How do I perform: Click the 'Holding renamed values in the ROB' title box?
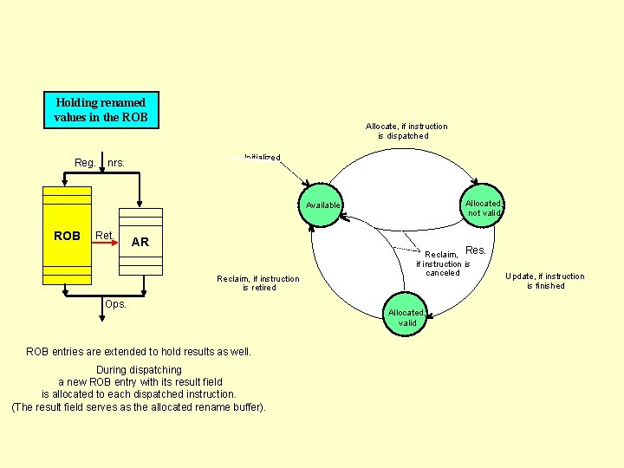100,109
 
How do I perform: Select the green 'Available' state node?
322,205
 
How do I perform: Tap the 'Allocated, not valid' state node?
484,208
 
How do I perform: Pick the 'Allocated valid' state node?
406,317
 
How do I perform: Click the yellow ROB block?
67,236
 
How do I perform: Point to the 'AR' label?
140,242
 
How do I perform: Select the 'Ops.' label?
115,304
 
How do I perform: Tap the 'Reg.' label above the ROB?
85,162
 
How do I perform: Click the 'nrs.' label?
116,162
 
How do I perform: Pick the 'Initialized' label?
262,157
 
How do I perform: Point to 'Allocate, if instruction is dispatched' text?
406,131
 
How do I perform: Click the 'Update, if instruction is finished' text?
545,281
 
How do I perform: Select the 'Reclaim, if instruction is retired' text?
258,283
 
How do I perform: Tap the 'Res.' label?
476,250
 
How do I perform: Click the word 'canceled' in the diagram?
442,273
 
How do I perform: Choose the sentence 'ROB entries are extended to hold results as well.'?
139,352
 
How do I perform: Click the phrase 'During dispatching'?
139,370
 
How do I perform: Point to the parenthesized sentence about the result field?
139,407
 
